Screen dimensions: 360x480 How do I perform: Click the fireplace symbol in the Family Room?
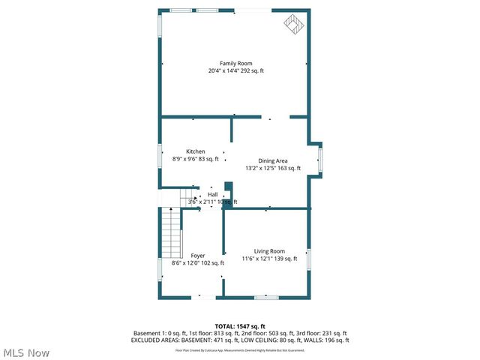click(293, 25)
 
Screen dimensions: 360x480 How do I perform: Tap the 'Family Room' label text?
click(235, 64)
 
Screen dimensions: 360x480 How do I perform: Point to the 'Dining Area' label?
click(273, 161)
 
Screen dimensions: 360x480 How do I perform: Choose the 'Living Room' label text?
click(268, 251)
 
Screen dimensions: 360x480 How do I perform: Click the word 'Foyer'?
click(198, 256)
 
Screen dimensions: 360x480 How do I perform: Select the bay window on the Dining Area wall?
click(320, 160)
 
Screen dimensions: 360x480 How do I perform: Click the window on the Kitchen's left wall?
click(160, 155)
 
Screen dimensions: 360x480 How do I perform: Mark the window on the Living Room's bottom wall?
click(265, 298)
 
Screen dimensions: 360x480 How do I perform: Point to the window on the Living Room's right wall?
click(308, 259)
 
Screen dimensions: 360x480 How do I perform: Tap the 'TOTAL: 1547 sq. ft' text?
click(235, 326)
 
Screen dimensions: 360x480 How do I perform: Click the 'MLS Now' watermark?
click(26, 352)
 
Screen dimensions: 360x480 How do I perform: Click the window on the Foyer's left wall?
click(160, 269)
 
